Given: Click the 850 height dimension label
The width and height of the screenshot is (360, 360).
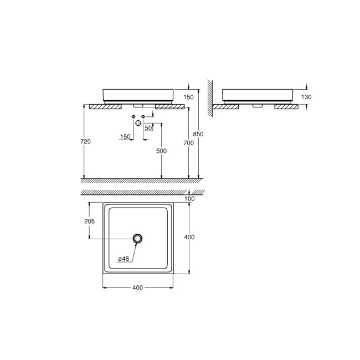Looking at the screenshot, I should pos(199,135).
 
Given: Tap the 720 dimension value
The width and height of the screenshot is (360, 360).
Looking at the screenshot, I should pos(85,141).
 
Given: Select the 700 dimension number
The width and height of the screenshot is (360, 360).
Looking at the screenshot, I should pos(188,143).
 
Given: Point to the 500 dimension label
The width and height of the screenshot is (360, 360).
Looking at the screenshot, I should pos(161,151).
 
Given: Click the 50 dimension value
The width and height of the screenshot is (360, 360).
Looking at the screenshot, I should pos(148,128).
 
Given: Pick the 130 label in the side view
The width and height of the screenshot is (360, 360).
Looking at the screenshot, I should pos(307,97).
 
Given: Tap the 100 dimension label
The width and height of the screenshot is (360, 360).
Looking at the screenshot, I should pos(190,198).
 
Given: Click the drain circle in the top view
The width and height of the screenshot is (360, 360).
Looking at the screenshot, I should pos(138,239).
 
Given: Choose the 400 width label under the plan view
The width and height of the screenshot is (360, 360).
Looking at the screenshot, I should pos(137,287).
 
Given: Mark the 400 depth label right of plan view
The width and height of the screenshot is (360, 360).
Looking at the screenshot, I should pos(189,237).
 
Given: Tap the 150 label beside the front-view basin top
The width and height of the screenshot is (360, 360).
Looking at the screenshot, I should pos(189,97).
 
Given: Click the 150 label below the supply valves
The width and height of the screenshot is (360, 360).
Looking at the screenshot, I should pos(125,136).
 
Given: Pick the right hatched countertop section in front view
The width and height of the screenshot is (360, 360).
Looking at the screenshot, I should pos(168,106).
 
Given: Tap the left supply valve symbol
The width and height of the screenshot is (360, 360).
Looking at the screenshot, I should pos(133,116).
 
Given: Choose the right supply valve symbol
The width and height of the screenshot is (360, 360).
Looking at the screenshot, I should pos(143,116).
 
